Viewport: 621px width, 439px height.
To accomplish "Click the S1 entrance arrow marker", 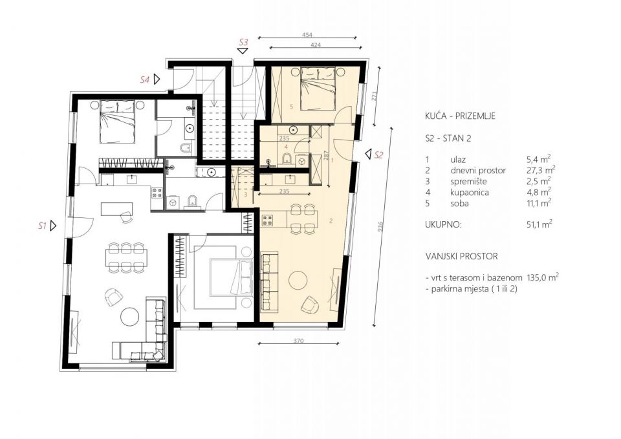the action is pyautogui.click(x=53, y=226).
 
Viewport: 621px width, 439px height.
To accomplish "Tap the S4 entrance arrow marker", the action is pyautogui.click(x=157, y=79).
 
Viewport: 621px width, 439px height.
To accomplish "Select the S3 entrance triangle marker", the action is pyautogui.click(x=243, y=50).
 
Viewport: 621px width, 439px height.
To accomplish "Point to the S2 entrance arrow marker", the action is pyautogui.click(x=368, y=154).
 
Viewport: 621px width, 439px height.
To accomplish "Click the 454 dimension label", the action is pyautogui.click(x=307, y=35).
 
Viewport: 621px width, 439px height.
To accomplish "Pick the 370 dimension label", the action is pyautogui.click(x=299, y=341).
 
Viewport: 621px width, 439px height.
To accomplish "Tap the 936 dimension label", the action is pyautogui.click(x=380, y=226).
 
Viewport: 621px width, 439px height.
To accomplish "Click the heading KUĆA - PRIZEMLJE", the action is pyautogui.click(x=460, y=116).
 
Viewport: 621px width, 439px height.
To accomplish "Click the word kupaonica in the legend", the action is pyautogui.click(x=470, y=193).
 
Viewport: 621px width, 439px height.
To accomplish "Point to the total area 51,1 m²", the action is pyautogui.click(x=539, y=224).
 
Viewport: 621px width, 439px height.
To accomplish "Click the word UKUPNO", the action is pyautogui.click(x=444, y=225).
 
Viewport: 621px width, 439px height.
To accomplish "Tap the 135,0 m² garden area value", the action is pyautogui.click(x=543, y=277).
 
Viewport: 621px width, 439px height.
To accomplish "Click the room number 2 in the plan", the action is pyautogui.click(x=331, y=221).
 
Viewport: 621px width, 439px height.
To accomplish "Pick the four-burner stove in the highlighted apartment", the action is pyautogui.click(x=268, y=220).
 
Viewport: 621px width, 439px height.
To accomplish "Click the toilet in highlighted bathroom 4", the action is pyautogui.click(x=286, y=159).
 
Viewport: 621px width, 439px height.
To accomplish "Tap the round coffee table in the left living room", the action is pyautogui.click(x=129, y=317).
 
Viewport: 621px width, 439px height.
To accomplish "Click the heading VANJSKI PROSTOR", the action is pyautogui.click(x=462, y=256).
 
